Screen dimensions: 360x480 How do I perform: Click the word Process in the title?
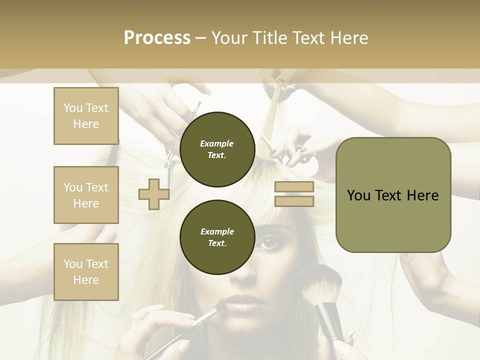[157, 38]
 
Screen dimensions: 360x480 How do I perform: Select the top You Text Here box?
[86, 116]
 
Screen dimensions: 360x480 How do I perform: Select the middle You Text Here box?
[86, 195]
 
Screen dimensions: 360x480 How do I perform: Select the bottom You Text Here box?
[86, 271]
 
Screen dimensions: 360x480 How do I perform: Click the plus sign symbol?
[153, 194]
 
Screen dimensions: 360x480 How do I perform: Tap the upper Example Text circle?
[217, 149]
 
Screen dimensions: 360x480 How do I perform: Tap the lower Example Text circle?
[217, 237]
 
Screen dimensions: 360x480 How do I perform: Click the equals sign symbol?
[294, 194]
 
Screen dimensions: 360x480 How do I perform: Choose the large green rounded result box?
[393, 195]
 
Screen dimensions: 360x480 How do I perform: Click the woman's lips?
[242, 303]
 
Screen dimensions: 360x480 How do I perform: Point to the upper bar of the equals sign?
[294, 187]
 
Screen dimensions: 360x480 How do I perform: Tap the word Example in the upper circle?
[217, 143]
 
